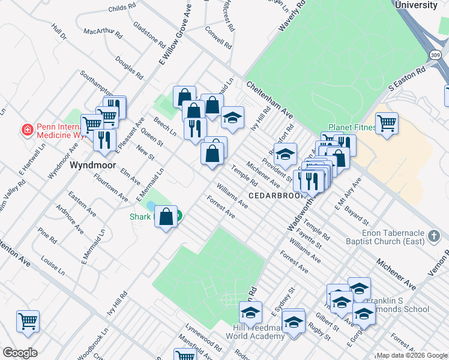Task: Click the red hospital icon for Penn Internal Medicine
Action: point(26,130)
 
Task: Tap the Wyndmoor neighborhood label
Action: point(89,164)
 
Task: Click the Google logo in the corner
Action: point(20,352)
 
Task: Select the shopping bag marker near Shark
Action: point(166,217)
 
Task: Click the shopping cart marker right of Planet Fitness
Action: point(387,124)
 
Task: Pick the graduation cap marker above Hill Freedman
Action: point(250,313)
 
